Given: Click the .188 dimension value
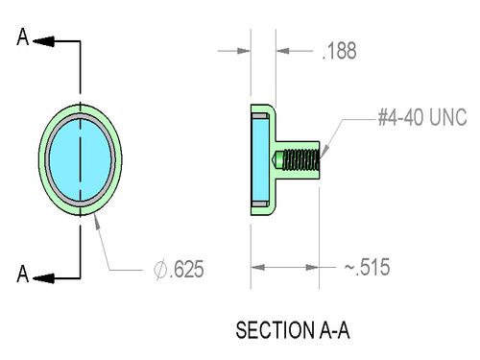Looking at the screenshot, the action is [x=339, y=51].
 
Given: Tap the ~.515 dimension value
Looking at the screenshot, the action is [x=367, y=267].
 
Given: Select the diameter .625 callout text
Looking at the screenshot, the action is [x=179, y=270].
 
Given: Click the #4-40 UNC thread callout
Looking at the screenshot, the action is [x=422, y=117].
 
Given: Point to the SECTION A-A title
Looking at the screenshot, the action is [x=293, y=330].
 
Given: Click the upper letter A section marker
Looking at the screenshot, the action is [x=23, y=36].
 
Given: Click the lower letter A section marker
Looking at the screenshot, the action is [x=23, y=274].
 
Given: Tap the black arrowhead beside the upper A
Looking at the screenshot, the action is [x=43, y=41].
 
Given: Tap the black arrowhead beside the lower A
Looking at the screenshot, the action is [x=43, y=278].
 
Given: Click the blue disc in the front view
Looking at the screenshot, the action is [x=80, y=159].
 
